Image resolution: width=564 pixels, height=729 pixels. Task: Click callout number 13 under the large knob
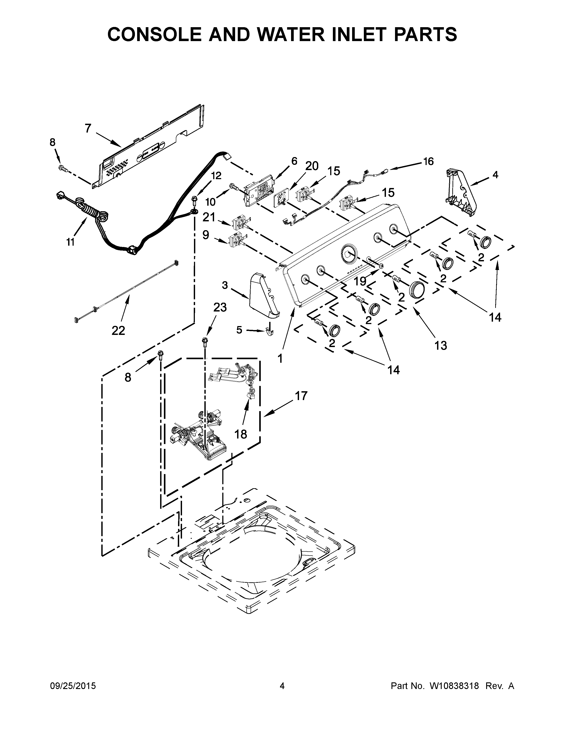pos(441,346)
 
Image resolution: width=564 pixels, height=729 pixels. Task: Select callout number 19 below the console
pos(360,281)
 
